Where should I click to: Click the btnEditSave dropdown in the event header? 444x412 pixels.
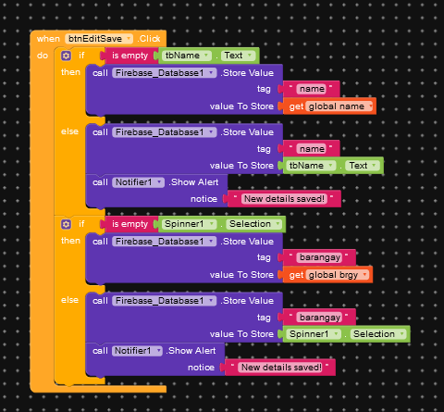click(99, 39)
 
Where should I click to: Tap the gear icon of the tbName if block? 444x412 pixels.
click(66, 56)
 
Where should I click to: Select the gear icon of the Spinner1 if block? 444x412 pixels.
click(66, 224)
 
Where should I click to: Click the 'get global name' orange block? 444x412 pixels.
click(329, 106)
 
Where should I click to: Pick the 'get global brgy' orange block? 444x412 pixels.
click(327, 275)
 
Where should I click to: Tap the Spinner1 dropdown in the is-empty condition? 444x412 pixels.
click(189, 224)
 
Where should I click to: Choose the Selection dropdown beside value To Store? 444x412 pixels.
click(378, 334)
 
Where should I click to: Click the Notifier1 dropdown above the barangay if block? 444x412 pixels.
click(138, 182)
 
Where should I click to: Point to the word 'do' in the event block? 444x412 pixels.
click(43, 56)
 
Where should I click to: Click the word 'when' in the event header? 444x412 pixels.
click(48, 39)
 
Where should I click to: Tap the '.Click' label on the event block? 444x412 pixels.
click(149, 39)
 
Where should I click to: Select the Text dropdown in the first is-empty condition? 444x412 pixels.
click(239, 56)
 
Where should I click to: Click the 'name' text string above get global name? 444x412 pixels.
click(312, 89)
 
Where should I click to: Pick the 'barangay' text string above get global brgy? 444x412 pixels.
click(319, 257)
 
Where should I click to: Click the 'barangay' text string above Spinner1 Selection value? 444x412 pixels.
click(319, 318)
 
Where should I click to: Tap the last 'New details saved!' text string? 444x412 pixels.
click(280, 368)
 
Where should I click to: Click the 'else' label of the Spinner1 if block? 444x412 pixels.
click(69, 300)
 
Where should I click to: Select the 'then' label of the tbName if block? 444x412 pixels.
click(70, 72)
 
